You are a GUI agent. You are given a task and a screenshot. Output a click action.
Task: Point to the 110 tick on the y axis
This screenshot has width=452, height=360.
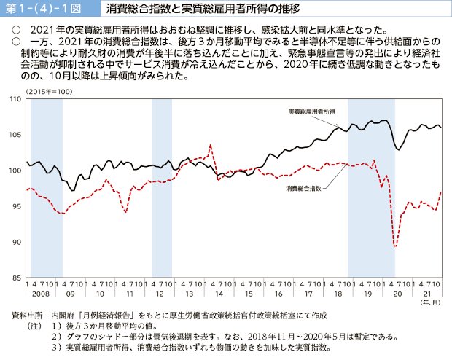tap(16, 99)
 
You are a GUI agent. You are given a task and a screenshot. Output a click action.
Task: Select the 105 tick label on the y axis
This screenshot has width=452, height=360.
tap(16, 135)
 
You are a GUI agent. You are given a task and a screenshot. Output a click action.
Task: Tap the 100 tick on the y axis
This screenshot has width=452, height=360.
tap(16, 171)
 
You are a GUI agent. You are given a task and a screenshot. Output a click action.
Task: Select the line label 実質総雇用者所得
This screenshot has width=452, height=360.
tap(311, 111)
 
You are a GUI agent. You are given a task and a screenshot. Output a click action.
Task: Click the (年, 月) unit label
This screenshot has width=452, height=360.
tap(429, 302)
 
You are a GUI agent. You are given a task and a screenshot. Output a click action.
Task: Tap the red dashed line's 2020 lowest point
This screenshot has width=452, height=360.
tap(394, 246)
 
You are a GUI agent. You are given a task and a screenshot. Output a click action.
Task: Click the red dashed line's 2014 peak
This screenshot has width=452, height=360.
tap(211, 145)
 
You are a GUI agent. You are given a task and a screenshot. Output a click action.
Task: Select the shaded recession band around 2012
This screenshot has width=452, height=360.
tap(161, 186)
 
